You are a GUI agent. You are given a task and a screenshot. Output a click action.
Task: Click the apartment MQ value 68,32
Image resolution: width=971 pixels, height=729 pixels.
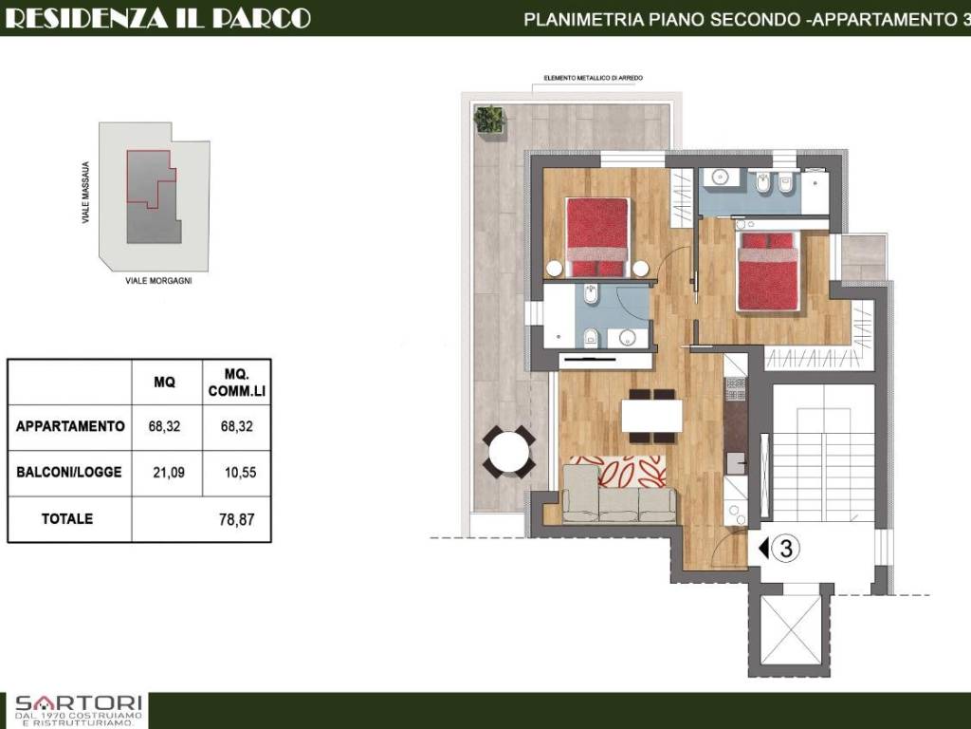tap(164, 426)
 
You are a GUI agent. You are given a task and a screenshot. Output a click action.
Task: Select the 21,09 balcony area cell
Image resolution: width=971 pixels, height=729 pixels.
tap(169, 473)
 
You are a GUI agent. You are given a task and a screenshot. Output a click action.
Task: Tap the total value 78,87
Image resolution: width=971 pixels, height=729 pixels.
tap(236, 519)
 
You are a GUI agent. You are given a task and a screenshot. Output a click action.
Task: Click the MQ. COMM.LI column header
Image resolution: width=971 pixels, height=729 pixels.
tap(236, 383)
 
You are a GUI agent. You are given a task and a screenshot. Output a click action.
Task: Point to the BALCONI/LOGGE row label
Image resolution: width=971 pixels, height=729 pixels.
tap(68, 473)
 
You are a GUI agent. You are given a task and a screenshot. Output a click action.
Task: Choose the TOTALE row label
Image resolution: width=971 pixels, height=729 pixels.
tap(67, 519)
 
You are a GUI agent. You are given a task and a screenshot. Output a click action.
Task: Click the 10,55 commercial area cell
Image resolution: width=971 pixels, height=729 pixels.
tap(240, 473)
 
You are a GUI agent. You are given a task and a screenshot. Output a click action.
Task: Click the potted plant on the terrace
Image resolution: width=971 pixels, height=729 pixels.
tap(489, 120)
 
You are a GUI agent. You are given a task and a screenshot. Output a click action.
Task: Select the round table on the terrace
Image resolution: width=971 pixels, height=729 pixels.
tap(508, 452)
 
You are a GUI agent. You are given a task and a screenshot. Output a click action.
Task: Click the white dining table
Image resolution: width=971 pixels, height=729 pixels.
tap(651, 416)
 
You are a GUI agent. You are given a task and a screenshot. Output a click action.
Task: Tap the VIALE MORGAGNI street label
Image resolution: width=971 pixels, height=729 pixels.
tap(158, 281)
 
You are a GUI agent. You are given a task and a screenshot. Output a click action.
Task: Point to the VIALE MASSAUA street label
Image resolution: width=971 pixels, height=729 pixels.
tap(85, 193)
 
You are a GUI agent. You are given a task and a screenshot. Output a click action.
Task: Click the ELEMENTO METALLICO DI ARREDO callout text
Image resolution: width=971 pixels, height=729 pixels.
tap(594, 78)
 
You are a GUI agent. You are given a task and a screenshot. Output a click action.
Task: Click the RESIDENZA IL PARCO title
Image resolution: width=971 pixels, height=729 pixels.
tap(157, 17)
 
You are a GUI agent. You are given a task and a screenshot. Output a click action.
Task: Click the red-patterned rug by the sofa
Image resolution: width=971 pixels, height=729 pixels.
tap(617, 472)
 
